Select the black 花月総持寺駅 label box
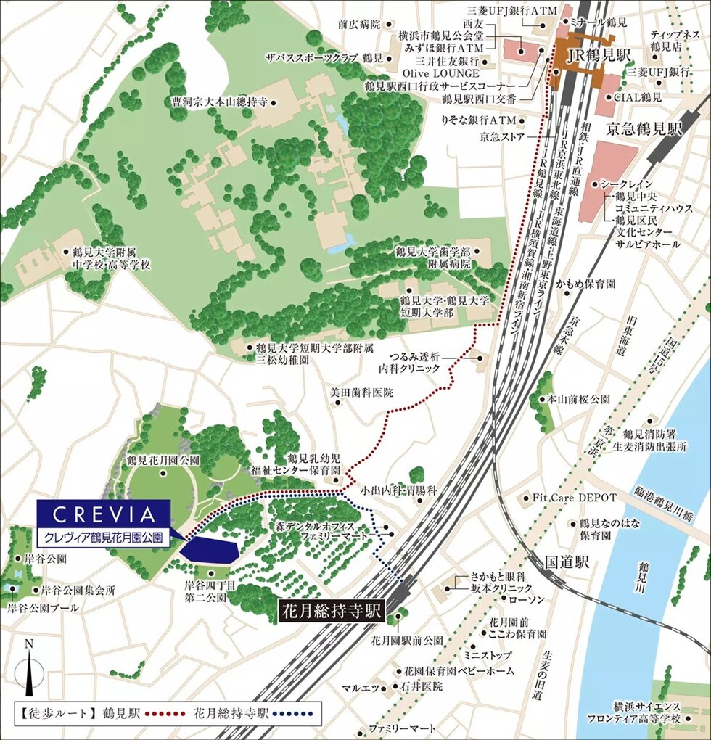click(x=332, y=611)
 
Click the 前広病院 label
click(x=358, y=24)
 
